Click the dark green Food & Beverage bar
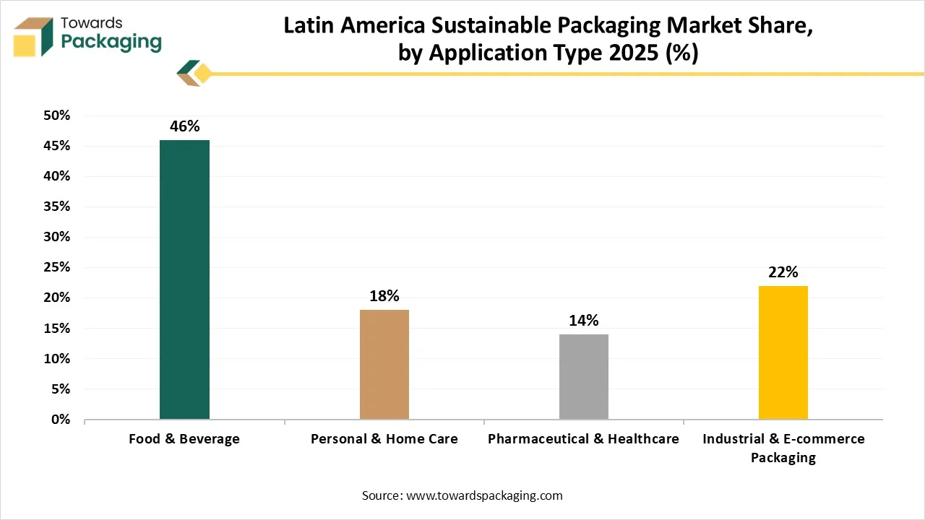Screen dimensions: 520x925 point(184,279)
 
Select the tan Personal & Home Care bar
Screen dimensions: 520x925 point(384,364)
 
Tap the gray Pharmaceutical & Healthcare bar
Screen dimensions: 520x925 point(583,376)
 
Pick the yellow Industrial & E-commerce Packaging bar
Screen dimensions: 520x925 point(783,352)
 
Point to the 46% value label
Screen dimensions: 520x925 point(184,126)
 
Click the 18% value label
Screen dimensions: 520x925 point(384,296)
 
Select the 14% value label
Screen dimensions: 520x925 point(583,321)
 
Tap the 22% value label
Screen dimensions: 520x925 point(783,272)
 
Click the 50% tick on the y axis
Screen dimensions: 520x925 point(56,116)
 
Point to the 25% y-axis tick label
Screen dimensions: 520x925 point(56,267)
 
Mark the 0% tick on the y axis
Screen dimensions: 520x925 point(60,419)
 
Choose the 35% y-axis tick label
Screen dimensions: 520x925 point(56,207)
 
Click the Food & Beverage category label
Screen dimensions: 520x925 point(184,439)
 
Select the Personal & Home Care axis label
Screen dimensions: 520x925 point(384,439)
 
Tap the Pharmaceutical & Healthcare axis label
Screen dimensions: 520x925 point(583,439)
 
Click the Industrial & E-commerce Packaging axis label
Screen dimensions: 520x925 point(783,448)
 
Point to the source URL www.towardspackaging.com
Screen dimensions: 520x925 point(485,495)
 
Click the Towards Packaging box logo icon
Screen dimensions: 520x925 point(33,36)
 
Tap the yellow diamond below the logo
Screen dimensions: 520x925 point(203,73)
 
